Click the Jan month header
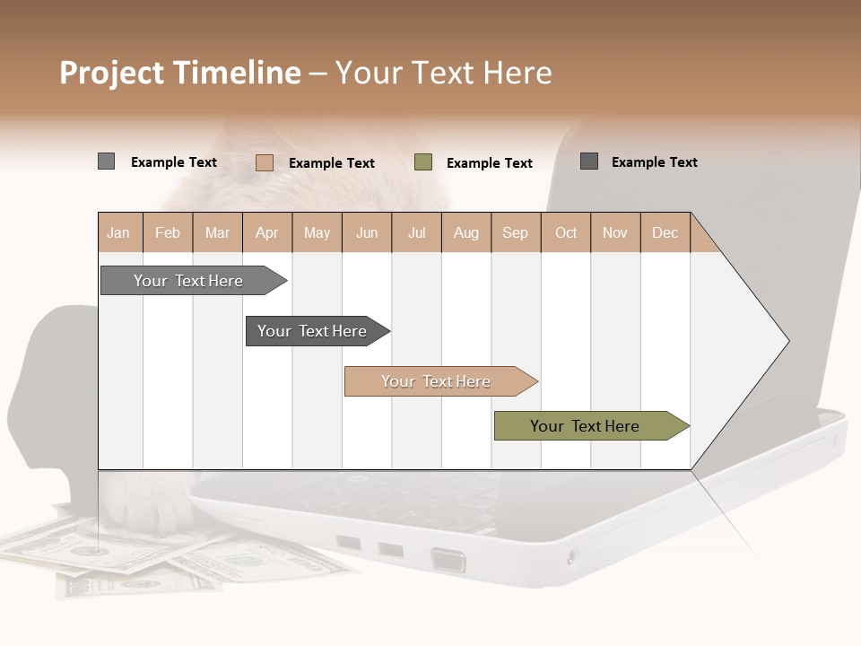(x=119, y=232)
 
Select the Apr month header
(x=267, y=232)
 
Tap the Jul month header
(x=416, y=232)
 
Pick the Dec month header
(x=665, y=232)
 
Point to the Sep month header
(x=516, y=232)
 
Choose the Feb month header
(x=168, y=232)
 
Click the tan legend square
(x=264, y=162)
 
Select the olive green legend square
(x=423, y=162)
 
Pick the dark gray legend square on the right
(x=588, y=161)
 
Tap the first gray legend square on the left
(x=106, y=161)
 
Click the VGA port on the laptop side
(x=448, y=562)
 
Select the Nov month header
(x=615, y=232)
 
